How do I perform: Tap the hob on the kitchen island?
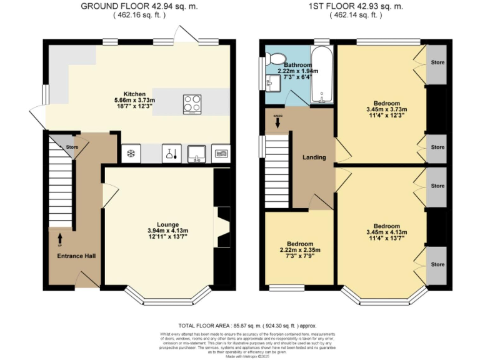192,104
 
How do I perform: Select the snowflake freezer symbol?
132,153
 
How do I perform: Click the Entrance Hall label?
73,256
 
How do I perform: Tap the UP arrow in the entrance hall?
60,237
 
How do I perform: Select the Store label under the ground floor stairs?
72,148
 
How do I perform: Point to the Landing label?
314,157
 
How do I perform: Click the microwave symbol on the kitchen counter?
222,152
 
